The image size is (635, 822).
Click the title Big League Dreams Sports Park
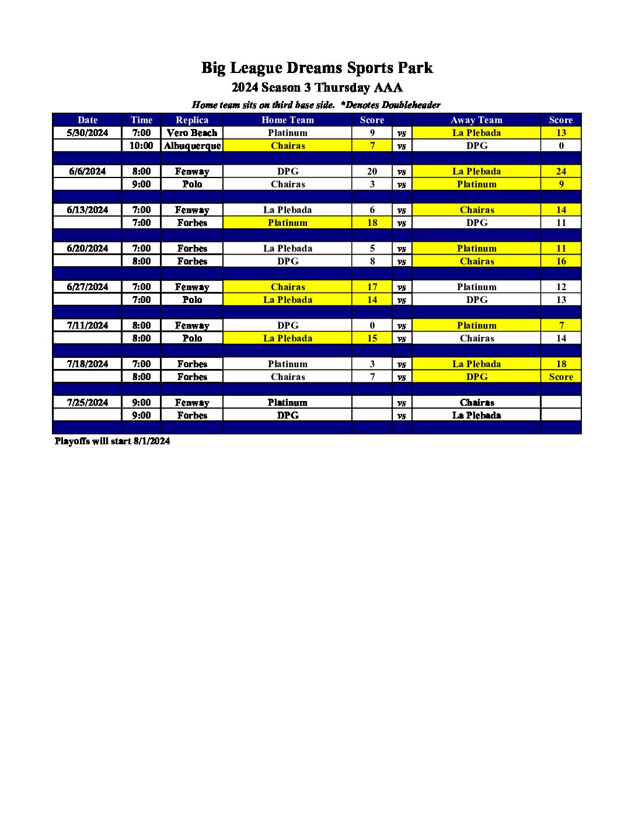point(317,68)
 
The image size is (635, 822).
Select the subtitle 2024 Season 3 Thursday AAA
point(317,88)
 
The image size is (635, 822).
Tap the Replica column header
point(192,120)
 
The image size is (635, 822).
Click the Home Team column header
point(287,120)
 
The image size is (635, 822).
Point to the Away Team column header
point(476,120)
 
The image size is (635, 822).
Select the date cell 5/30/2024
point(88,133)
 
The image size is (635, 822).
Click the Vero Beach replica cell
point(192,133)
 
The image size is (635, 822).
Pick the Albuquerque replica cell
point(192,145)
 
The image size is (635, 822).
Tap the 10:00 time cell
point(141,145)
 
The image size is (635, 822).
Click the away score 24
point(561,171)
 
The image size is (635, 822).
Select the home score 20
point(372,171)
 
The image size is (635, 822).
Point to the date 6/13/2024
point(88,210)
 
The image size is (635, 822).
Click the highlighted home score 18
point(372,222)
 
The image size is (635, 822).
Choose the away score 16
point(561,261)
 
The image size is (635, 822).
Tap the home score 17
point(372,287)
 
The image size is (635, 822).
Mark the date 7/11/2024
point(88,325)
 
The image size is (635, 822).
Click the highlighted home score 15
point(372,338)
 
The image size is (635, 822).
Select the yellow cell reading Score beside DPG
point(561,377)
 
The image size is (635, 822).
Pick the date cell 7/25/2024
point(88,402)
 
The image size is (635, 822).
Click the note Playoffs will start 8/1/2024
point(112,441)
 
